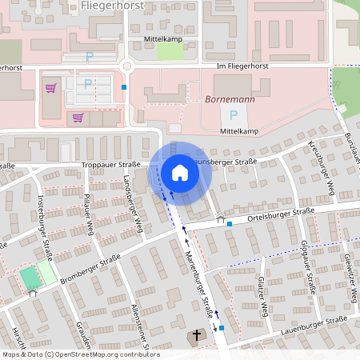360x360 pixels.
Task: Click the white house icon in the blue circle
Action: [179, 172]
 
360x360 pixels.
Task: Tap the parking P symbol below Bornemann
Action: [233, 114]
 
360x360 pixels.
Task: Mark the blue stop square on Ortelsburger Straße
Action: [230, 223]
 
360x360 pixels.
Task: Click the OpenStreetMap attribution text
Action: [81, 354]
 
